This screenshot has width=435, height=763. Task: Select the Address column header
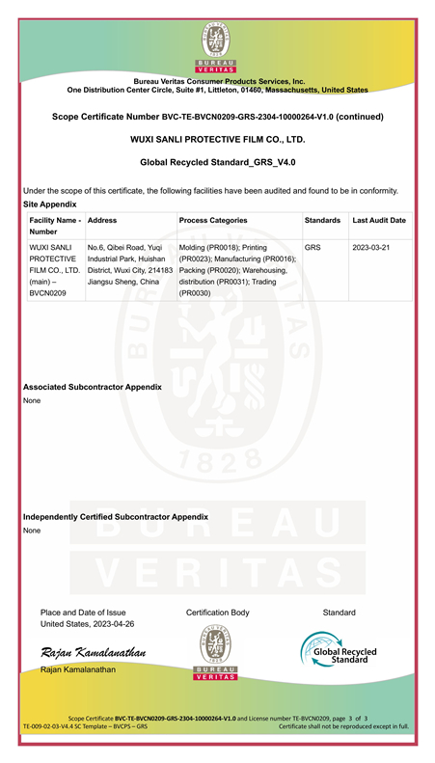pos(102,221)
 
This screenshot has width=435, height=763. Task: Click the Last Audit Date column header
pos(379,221)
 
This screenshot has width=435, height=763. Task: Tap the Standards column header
pos(322,221)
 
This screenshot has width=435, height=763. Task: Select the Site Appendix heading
pos(49,204)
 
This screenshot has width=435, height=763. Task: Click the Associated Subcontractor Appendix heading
pos(92,387)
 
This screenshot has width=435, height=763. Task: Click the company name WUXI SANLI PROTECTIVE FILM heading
pos(217,140)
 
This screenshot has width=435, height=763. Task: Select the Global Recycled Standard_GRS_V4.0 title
pos(217,163)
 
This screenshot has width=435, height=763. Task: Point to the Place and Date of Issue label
pos(83,613)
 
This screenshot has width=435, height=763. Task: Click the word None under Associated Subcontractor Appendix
pos(32,400)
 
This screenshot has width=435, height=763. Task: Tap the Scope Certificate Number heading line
pos(217,117)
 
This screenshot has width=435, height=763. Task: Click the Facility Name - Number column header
pos(54,227)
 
